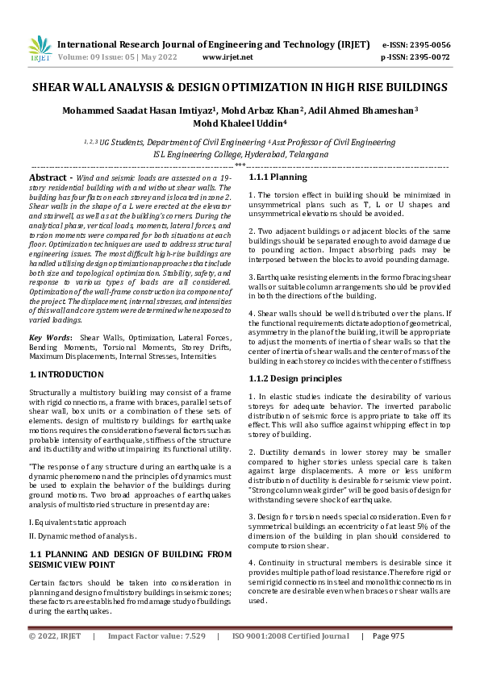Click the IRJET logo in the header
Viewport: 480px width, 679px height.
pyautogui.click(x=39, y=50)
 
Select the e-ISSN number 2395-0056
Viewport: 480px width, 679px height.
pyautogui.click(x=427, y=45)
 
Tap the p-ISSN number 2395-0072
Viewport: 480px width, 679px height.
pyautogui.click(x=427, y=57)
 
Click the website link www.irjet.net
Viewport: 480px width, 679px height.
pyautogui.click(x=227, y=57)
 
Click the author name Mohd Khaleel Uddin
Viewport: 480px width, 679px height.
pyautogui.click(x=240, y=123)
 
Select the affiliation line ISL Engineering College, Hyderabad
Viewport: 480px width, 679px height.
pyautogui.click(x=240, y=153)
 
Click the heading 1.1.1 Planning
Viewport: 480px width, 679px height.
pyautogui.click(x=278, y=177)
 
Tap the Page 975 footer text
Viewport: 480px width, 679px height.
pyautogui.click(x=388, y=658)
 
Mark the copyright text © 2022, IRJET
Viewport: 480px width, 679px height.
pyautogui.click(x=54, y=658)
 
